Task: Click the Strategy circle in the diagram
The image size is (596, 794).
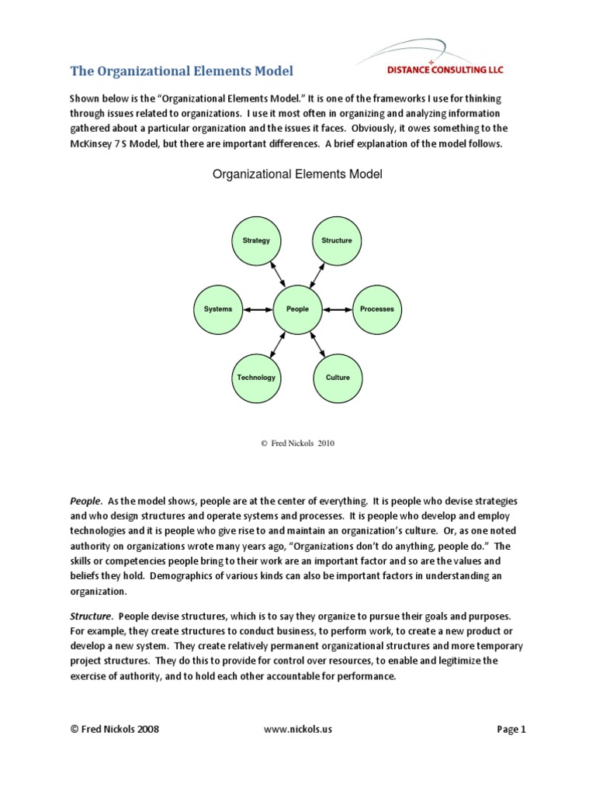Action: pos(256,240)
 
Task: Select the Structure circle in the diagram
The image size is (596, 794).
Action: pos(337,240)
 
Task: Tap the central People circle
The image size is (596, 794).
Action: pos(297,309)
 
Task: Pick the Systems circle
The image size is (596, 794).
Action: pos(218,309)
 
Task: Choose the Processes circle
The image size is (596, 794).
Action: pos(377,309)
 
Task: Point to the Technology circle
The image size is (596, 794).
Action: pos(256,378)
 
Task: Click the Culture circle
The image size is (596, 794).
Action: pos(337,378)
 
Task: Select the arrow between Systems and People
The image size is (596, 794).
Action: pos(258,309)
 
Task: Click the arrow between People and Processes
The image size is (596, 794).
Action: pos(337,309)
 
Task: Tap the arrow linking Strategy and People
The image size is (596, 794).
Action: pos(276,274)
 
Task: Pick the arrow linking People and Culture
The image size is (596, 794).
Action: pos(317,343)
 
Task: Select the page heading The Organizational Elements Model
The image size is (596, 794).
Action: pos(182,71)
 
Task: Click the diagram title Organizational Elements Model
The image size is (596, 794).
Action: pos(297,174)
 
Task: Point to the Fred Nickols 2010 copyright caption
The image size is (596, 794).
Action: pos(298,443)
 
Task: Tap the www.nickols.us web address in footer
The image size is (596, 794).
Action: pos(298,730)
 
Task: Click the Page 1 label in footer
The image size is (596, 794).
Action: pos(511,730)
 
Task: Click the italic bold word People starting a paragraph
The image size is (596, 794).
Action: pos(86,502)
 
